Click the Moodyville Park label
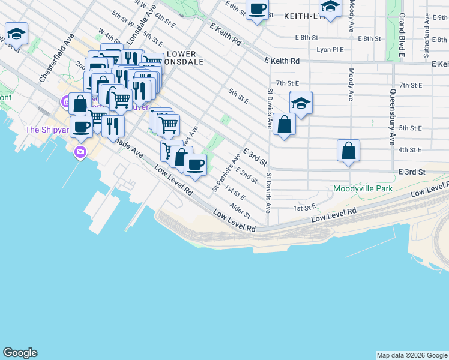click(363, 188)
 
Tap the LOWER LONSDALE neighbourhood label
click(182, 58)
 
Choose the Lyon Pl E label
click(331, 50)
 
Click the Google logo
click(20, 353)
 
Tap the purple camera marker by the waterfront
click(80, 152)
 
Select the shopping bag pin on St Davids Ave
click(284, 125)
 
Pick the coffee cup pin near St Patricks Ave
click(194, 164)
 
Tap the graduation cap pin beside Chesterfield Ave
click(16, 33)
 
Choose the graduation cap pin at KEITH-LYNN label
click(330, 7)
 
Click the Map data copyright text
click(412, 355)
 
